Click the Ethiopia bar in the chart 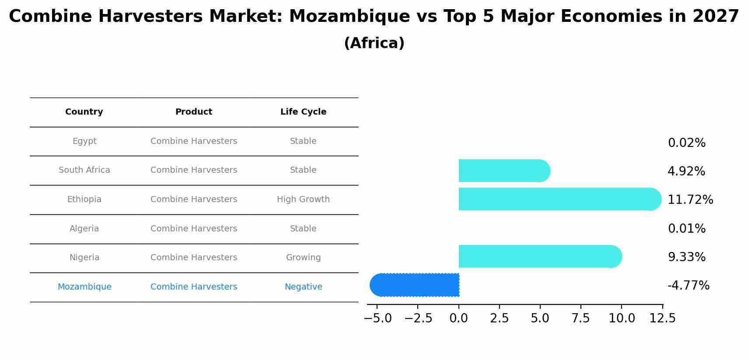point(556,199)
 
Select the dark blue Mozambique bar point(416,285)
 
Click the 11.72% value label point(690,200)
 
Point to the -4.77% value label point(689,286)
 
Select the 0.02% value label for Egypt point(687,143)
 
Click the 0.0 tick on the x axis point(459,318)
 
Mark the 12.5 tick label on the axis point(663,318)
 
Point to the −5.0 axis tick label point(378,318)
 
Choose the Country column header point(84,112)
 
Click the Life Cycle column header point(303,112)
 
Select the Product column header point(194,112)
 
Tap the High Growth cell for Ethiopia point(303,199)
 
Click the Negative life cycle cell point(303,287)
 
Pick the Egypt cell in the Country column point(84,141)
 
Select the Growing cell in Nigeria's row point(303,258)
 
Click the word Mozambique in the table point(84,287)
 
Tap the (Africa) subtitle point(374,43)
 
